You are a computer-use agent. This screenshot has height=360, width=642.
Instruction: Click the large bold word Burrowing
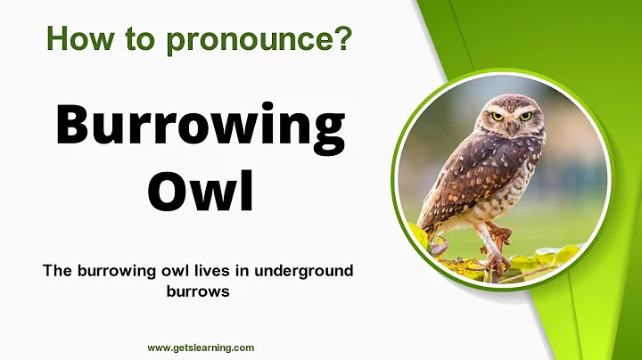click(200, 127)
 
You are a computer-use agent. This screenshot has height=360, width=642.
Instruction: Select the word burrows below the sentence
click(199, 290)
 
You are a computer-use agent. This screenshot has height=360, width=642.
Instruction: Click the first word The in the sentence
click(55, 271)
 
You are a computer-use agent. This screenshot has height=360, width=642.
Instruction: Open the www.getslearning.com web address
click(201, 348)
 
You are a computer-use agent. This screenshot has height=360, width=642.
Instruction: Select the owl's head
click(510, 116)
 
